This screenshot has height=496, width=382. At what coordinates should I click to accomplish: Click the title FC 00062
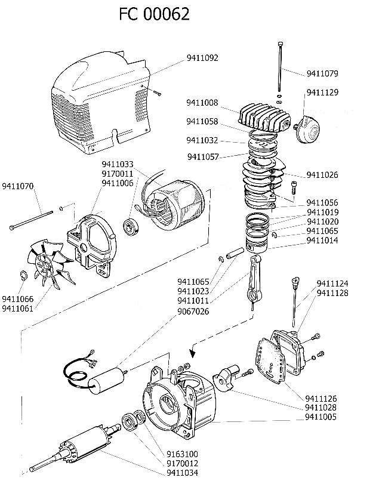click(154, 14)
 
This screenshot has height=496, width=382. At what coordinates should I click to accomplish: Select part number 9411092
click(202, 58)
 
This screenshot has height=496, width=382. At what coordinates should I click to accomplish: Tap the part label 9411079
click(322, 74)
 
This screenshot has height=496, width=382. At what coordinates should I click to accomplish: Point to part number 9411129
click(322, 93)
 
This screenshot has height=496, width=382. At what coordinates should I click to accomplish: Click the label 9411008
click(202, 102)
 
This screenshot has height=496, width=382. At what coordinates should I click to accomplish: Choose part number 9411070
click(19, 186)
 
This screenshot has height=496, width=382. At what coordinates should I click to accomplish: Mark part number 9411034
click(182, 473)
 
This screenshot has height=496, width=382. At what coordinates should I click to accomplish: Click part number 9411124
click(332, 284)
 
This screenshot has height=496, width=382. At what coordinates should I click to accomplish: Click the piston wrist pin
click(234, 252)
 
